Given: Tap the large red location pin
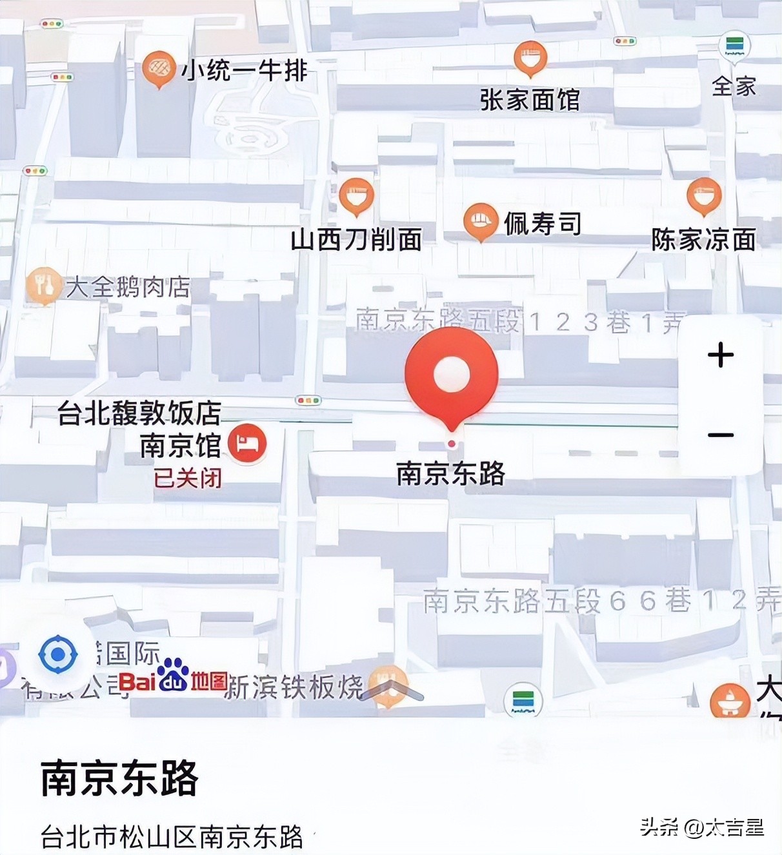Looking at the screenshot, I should coord(451,375).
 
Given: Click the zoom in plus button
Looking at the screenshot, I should coord(721,355).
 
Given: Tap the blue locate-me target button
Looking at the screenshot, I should coord(58,654).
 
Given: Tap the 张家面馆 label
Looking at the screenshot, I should coord(530,101).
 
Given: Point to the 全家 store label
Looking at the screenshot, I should coord(734,86).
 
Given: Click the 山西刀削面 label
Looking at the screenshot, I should coord(356,240).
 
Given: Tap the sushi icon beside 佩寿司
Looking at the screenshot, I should coord(480,221).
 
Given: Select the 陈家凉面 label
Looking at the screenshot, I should coord(703,240).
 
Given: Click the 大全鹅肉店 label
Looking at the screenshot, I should coord(128,287).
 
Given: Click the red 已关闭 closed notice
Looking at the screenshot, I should coord(188,478).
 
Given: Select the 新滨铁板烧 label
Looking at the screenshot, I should coord(294,687).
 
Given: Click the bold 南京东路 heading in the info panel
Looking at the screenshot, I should coord(119,779).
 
